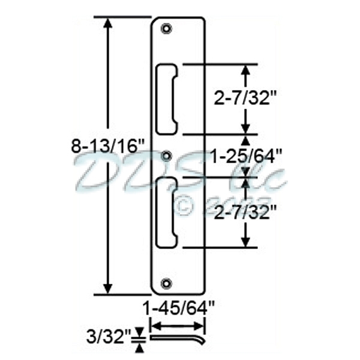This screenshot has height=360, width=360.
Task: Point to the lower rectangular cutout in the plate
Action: click(x=167, y=212)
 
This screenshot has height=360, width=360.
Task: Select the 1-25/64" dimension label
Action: click(x=247, y=157)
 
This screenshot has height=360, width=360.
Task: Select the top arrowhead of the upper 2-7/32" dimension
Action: click(x=245, y=69)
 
